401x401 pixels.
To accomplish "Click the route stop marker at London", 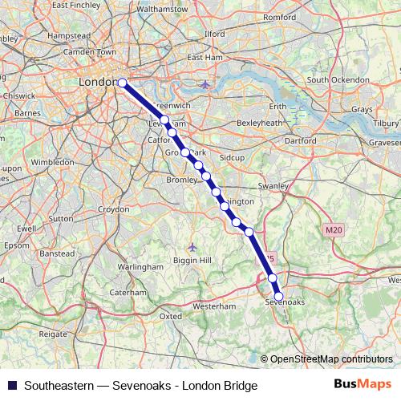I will click(x=123, y=83).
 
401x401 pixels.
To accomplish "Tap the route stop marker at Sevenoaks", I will click(x=279, y=296).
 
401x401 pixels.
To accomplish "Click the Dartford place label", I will click(x=300, y=140).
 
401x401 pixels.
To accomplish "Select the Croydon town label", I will click(x=113, y=209).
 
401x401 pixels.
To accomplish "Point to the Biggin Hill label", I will click(x=193, y=261).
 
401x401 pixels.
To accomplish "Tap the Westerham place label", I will click(x=214, y=306).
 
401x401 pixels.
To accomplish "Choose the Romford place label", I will click(x=279, y=38).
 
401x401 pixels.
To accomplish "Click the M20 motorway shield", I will click(x=334, y=230).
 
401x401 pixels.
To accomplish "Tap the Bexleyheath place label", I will click(x=260, y=123).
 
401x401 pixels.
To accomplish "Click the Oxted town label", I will click(x=171, y=316).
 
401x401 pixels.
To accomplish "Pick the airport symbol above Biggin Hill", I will click(x=192, y=245).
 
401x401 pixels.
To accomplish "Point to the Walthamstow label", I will click(x=162, y=9).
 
